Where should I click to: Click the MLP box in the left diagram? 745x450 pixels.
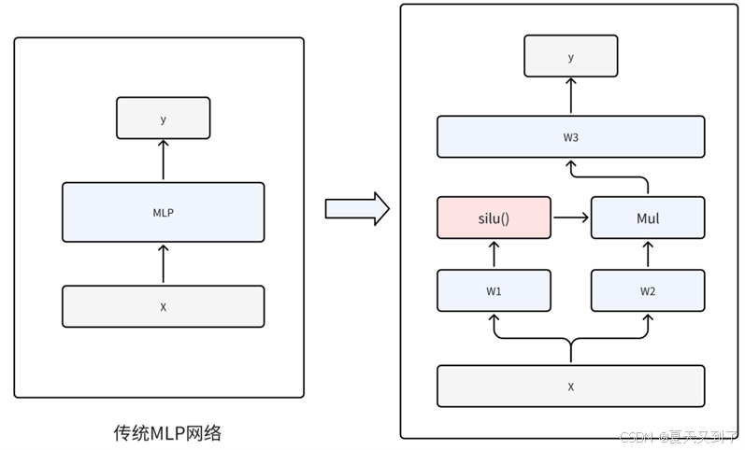[x=163, y=213]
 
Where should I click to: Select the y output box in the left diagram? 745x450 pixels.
[x=163, y=119]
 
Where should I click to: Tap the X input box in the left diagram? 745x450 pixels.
[x=163, y=306]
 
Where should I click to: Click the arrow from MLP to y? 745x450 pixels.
[x=163, y=161]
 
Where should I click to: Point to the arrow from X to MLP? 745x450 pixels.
[x=163, y=263]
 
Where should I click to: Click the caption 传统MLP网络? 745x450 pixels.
[x=168, y=432]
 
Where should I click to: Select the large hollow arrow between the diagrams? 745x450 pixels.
[x=356, y=208]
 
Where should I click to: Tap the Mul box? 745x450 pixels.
[x=648, y=218]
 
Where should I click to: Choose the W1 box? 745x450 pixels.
[x=494, y=291]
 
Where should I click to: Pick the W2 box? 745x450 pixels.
[x=648, y=291]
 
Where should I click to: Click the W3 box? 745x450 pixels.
[x=570, y=137]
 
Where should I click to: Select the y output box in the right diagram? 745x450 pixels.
[x=570, y=56]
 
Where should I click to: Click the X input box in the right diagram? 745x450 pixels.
[x=570, y=386]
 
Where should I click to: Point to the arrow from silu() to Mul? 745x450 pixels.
[x=570, y=218]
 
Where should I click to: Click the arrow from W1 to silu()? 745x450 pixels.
[x=494, y=254]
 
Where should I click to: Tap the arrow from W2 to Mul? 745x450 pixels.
[x=648, y=254]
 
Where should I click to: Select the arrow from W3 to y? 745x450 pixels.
[x=570, y=96]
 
